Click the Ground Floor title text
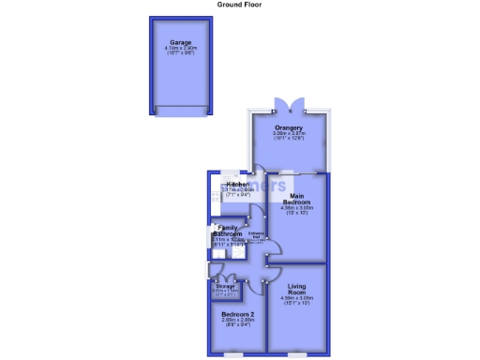239,5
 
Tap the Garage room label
181,42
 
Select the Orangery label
288,127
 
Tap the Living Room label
297,289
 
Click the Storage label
224,286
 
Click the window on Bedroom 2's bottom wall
233,354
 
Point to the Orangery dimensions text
288,136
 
